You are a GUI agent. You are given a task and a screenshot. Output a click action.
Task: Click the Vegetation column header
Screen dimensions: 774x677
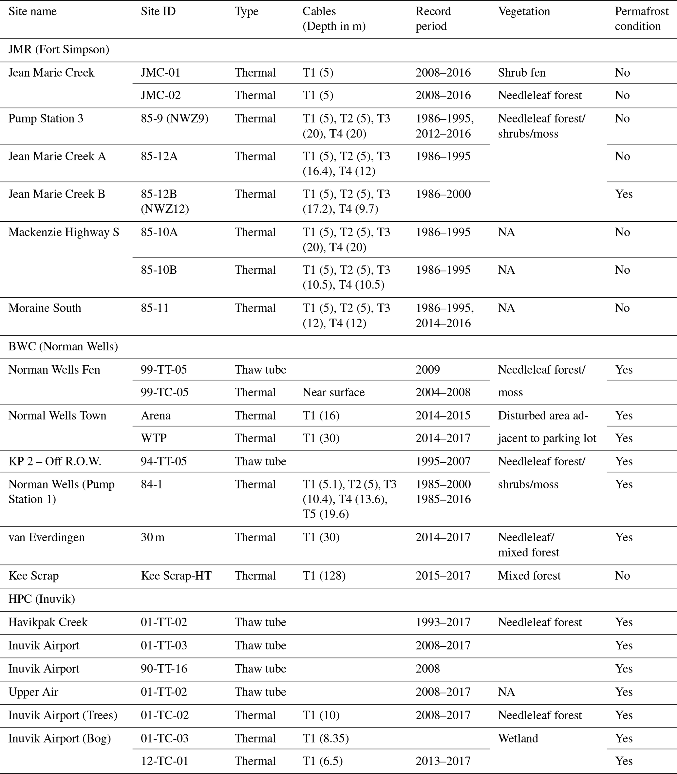524,11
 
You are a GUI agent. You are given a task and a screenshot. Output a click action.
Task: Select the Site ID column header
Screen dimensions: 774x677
158,11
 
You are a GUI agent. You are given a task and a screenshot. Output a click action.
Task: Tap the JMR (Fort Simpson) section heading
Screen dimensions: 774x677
59,49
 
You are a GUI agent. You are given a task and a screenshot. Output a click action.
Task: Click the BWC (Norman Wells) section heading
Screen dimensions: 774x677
63,346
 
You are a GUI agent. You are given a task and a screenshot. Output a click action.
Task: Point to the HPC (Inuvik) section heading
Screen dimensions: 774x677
42,599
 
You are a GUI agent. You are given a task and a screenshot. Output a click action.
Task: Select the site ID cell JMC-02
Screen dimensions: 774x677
160,95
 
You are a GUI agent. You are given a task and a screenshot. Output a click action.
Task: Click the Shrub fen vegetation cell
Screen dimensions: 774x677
521,72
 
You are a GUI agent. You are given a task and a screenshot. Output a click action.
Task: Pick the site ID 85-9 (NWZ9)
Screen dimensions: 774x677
174,119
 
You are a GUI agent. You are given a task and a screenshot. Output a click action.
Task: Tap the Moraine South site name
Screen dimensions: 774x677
45,308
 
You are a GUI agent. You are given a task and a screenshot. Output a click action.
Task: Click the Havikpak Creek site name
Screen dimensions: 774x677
48,622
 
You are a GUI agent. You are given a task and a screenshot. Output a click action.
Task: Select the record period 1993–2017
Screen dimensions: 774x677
443,622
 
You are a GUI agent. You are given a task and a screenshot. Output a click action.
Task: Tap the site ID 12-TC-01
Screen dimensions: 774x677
164,761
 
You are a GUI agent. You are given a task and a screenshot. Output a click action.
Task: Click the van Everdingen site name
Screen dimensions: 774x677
47,537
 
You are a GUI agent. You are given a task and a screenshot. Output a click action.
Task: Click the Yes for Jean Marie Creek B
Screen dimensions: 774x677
623,194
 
